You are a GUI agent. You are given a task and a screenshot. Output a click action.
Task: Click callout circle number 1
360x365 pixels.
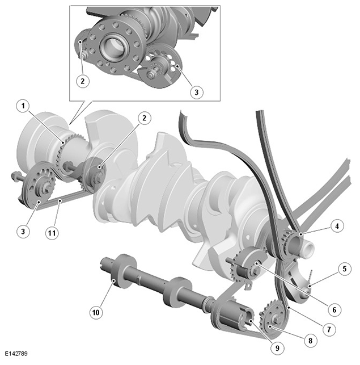(x=23, y=106)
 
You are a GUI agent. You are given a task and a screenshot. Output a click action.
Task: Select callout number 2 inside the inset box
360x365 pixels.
(x=83, y=81)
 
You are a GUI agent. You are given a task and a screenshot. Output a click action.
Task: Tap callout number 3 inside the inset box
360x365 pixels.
(x=197, y=92)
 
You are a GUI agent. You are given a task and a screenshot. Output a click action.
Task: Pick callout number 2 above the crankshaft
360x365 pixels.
(x=145, y=118)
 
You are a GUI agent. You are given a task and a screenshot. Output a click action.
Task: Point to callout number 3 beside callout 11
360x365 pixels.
(x=23, y=232)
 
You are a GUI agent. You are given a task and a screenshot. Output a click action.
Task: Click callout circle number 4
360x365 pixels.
(x=337, y=225)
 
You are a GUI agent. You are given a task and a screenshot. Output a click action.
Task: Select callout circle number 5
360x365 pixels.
(x=345, y=269)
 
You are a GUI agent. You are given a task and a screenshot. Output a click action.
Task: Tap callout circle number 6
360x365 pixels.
(x=334, y=310)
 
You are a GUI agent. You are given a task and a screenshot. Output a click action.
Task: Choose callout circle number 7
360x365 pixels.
(x=329, y=329)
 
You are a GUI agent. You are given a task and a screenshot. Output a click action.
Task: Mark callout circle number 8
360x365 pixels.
(x=310, y=341)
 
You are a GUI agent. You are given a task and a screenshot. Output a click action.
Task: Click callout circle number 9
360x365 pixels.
(x=277, y=348)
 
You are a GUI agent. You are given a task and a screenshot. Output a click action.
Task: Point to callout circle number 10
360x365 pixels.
(x=96, y=312)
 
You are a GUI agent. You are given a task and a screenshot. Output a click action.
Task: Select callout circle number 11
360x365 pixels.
(x=52, y=233)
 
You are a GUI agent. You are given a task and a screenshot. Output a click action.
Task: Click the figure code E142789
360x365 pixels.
(x=16, y=354)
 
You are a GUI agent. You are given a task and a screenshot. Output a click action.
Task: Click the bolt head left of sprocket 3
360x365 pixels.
(x=14, y=175)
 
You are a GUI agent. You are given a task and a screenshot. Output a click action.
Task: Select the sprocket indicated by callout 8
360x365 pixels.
(x=273, y=320)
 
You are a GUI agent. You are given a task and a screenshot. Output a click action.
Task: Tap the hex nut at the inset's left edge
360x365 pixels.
(x=84, y=56)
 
